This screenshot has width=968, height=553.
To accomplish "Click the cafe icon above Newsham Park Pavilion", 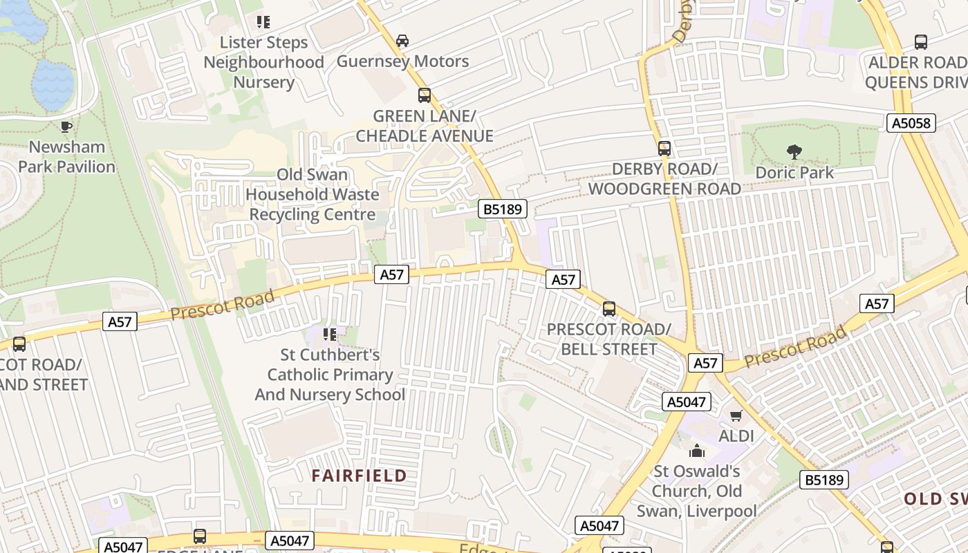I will coord(66,126).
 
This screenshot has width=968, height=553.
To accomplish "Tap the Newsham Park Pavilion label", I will coord(66,157).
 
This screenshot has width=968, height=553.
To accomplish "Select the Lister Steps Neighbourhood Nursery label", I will coord(263,62).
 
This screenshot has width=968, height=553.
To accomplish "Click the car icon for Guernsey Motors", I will coord(402,41).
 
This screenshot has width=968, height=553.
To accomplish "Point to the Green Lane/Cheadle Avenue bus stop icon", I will coord(424,95).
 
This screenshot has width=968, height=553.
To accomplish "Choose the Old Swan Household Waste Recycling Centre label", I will coord(312,194).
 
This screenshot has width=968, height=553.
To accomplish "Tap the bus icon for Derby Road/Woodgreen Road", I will coord(664,148).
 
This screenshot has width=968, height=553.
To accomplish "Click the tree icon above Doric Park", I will coord(794,151).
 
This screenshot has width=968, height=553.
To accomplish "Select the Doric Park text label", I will coord(794,172).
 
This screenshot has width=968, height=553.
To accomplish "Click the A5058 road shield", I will coord(911,123).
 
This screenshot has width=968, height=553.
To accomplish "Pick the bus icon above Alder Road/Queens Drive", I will coord(920,41).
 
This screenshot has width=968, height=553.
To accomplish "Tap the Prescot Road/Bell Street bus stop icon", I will coord(609,309).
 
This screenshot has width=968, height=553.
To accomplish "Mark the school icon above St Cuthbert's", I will coord(330,335).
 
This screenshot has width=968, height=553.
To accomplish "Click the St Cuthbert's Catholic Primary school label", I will coord(330,375).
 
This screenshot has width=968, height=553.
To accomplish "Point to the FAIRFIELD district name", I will coord(359,476).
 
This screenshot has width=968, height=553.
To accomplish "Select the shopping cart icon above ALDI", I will coord(736,416).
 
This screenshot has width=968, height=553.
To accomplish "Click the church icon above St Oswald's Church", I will coord(697,451).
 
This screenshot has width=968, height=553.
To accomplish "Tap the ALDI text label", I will coord(736,436).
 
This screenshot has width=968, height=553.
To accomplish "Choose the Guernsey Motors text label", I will coord(402,62).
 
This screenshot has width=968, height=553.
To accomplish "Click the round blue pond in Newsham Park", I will coord(53,84).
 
